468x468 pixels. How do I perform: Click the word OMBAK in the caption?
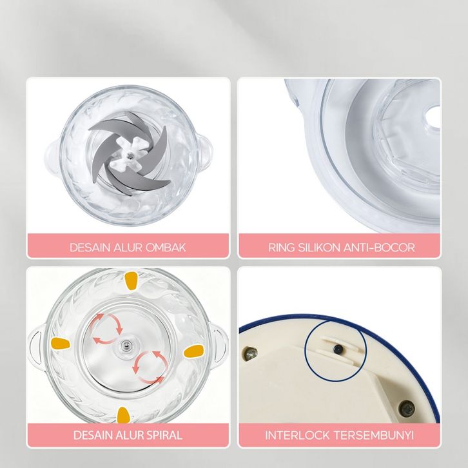[165, 248]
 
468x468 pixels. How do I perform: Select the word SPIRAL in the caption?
[162, 435]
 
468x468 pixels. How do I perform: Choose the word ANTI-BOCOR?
[379, 248]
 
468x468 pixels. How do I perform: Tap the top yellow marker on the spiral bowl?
[130, 280]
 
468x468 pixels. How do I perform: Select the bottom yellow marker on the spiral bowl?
[123, 416]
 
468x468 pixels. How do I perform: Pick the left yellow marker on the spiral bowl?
[61, 343]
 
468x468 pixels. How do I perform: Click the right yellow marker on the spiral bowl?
[193, 351]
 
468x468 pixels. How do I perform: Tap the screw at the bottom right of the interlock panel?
[407, 408]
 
